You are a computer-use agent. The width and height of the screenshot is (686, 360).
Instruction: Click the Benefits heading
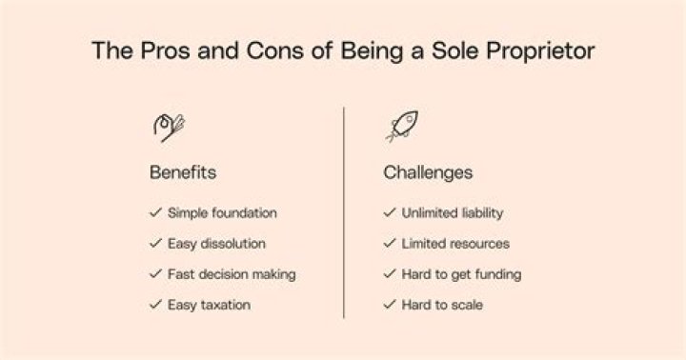183,173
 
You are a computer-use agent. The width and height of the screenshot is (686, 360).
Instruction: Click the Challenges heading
428,173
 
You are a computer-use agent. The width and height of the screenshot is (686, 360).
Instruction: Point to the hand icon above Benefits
169,127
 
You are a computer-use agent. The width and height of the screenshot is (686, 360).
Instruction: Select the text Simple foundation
222,213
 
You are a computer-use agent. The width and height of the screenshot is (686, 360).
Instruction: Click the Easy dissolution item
216,244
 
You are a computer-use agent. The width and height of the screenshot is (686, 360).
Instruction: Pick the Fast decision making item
232,274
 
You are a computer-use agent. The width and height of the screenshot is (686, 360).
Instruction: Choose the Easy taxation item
211,305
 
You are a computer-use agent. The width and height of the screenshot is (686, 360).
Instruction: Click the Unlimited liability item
453,213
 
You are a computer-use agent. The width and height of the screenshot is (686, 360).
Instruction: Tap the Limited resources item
455,244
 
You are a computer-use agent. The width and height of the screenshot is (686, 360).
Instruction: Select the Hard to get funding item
461,274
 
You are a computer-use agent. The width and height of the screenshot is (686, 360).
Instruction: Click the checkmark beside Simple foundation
155,213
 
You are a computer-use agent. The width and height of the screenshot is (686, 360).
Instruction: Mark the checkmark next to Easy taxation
155,305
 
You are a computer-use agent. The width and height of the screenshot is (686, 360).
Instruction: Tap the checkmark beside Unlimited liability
389,213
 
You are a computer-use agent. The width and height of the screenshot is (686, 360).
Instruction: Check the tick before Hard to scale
389,305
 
